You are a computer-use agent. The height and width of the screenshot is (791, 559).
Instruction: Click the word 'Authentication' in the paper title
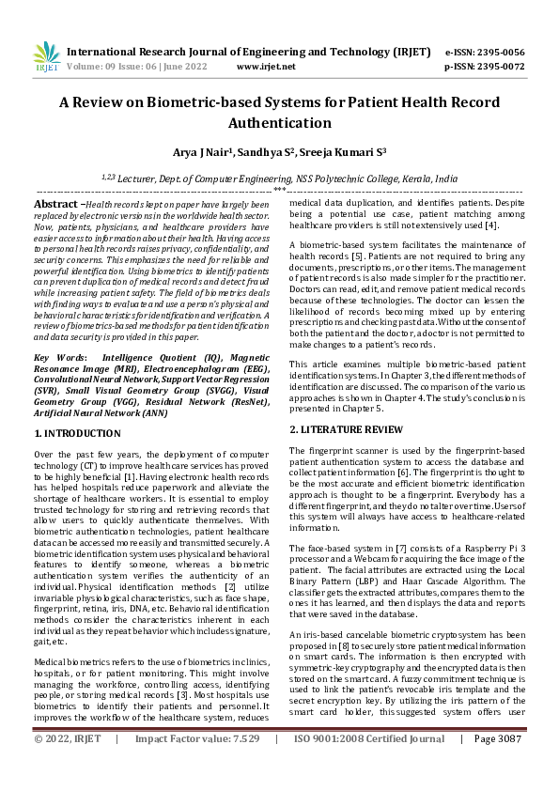click(x=279, y=123)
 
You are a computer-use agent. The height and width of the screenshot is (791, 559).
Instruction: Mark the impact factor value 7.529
click(x=239, y=766)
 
